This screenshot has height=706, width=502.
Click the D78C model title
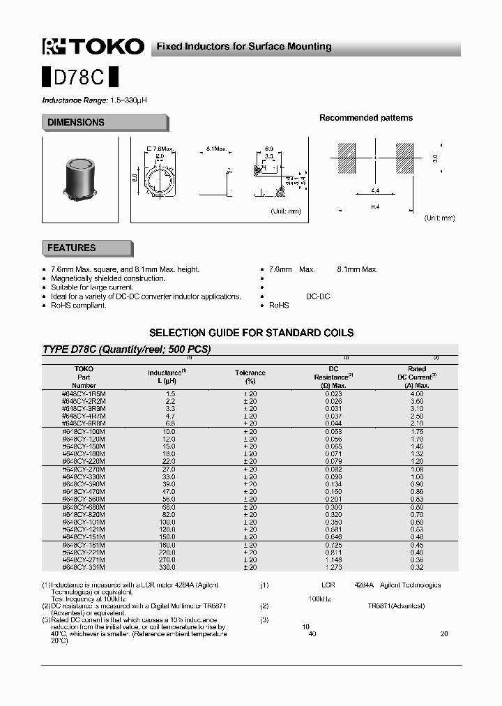(x=81, y=75)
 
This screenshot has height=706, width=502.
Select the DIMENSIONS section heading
(x=76, y=123)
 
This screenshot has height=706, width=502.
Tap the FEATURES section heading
(x=72, y=248)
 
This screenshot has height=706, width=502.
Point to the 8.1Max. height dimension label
(x=217, y=149)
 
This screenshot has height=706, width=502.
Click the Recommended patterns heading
(x=366, y=118)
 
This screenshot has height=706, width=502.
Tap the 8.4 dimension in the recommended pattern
(x=374, y=206)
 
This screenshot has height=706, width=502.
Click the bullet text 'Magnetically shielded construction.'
(x=108, y=278)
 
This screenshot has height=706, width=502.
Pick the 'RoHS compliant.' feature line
(x=79, y=306)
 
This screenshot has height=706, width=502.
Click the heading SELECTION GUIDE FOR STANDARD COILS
(x=251, y=333)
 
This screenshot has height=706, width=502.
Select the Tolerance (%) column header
(x=250, y=377)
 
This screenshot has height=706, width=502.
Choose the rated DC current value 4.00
(x=416, y=394)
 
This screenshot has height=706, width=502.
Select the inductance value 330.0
(x=167, y=567)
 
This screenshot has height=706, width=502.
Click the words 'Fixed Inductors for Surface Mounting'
(x=243, y=47)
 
